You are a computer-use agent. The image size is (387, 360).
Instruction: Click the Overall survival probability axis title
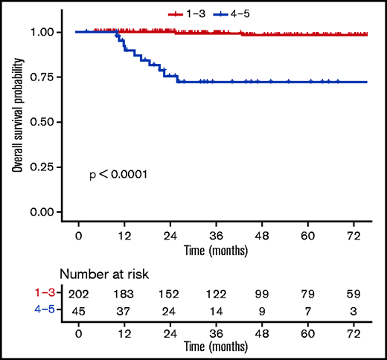point(16,122)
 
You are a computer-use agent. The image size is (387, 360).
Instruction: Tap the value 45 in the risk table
point(78,312)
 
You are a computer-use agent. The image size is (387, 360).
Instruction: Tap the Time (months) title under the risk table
point(216,347)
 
